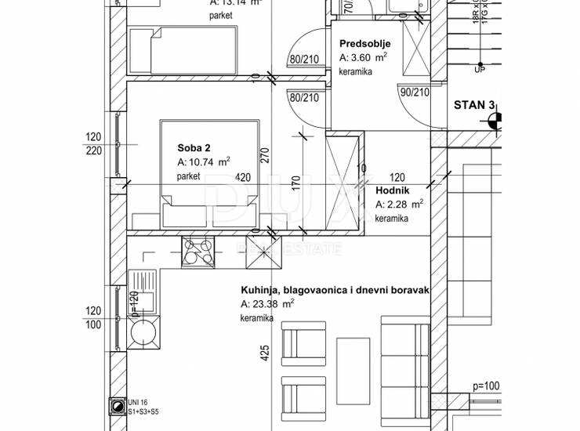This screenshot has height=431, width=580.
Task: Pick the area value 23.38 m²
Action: tap(267, 304)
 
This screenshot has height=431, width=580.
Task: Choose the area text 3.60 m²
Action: tap(363, 58)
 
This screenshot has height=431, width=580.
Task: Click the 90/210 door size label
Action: tap(415, 92)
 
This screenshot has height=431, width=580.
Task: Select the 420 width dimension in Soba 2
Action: tap(244, 178)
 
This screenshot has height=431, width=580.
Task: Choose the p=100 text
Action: tap(486, 386)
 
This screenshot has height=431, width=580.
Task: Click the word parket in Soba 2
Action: tap(189, 177)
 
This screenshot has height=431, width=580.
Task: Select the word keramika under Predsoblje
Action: tap(355, 72)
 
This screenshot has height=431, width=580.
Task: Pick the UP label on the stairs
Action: tap(478, 70)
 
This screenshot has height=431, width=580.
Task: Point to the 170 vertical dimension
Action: tap(295, 185)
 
